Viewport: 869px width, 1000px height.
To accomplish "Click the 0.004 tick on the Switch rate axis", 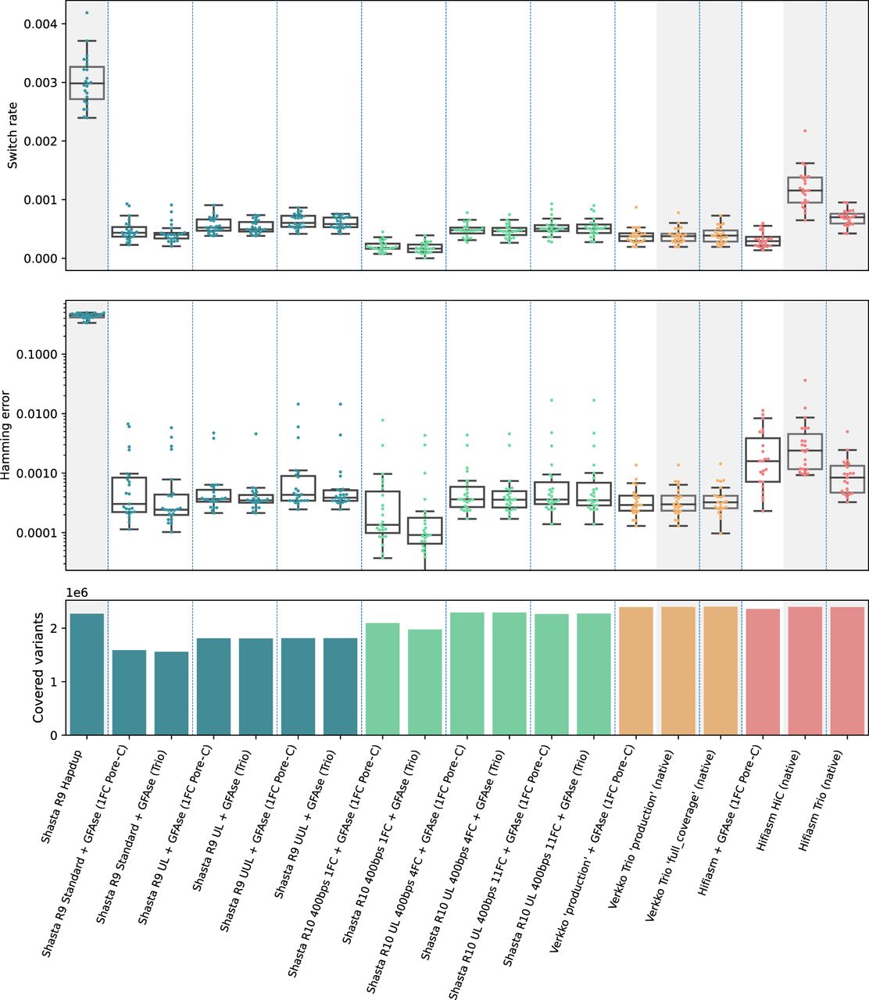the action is [63, 24].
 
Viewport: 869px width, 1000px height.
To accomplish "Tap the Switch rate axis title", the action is [13, 135].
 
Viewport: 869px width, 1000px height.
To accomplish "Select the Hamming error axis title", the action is [5, 435].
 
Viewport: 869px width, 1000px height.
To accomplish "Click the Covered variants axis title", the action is [38, 668].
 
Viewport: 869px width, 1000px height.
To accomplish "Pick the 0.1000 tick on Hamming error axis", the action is [63, 355].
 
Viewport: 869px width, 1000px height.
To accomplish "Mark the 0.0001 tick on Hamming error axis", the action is [63, 533].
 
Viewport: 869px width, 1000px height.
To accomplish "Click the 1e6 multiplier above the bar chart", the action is [77, 593].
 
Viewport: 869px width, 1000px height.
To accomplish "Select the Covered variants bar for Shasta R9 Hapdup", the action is [87, 674].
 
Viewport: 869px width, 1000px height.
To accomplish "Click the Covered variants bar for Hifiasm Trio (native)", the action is [847, 670].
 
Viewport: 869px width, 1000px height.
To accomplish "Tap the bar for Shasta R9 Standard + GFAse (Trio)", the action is [171, 693].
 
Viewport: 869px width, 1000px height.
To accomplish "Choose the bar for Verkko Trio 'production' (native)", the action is [678, 670].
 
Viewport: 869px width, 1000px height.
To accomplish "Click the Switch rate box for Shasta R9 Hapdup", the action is [87, 83].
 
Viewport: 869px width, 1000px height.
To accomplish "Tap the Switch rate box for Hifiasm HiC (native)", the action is [804, 190].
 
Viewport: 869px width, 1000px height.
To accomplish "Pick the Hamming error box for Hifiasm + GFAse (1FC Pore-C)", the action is [763, 460].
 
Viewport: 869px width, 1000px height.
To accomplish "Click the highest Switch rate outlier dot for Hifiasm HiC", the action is [804, 131].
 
